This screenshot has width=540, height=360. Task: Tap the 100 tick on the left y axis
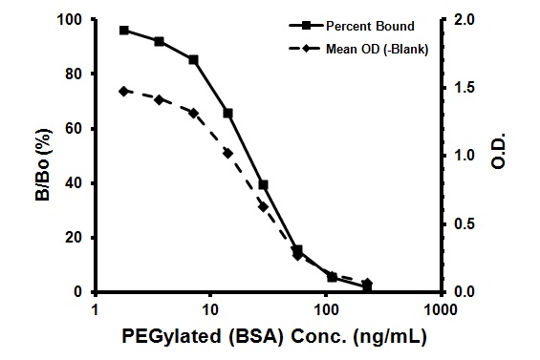point(72,19)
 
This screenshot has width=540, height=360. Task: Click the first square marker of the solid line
point(124,31)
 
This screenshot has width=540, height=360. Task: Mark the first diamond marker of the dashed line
point(124,91)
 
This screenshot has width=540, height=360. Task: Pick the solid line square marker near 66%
point(227,113)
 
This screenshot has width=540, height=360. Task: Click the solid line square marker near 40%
point(263,184)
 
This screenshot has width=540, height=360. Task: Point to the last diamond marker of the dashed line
point(367,284)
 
